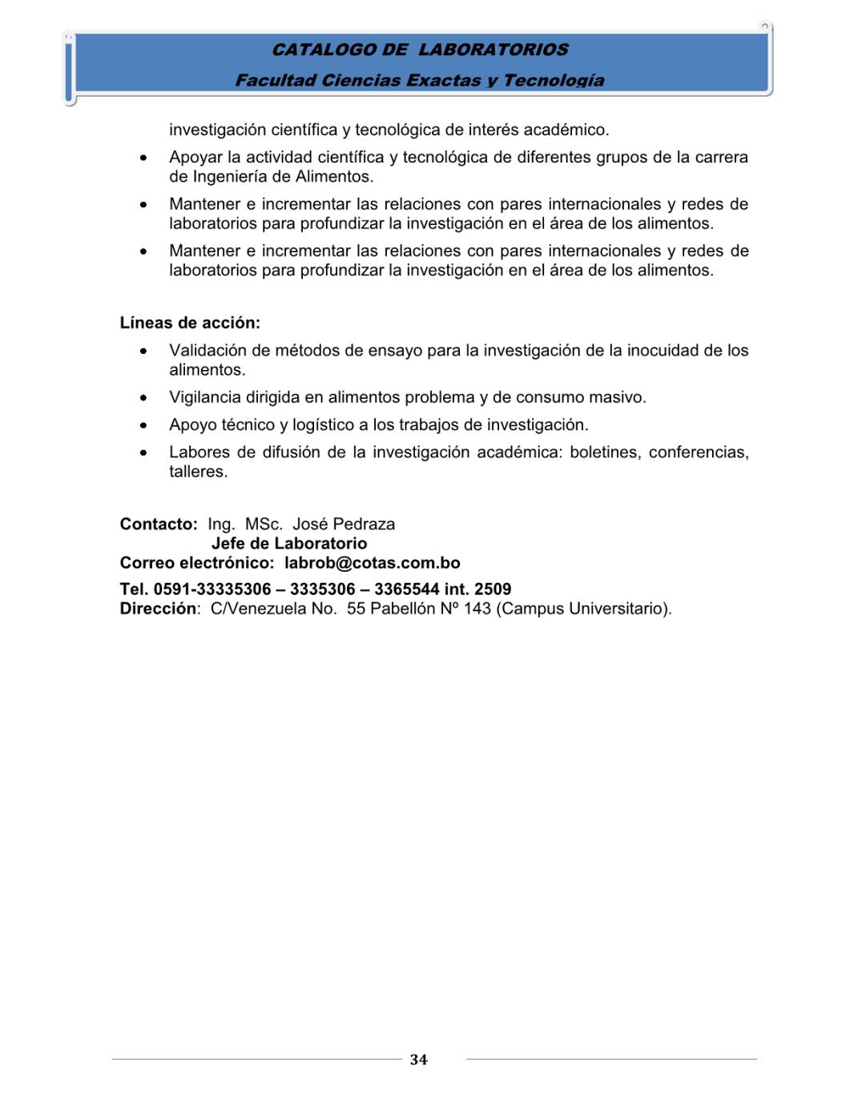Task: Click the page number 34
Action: click(x=418, y=1060)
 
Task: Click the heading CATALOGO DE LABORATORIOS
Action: click(x=420, y=50)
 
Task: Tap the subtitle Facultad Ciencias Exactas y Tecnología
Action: click(x=420, y=80)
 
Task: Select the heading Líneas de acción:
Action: click(x=190, y=323)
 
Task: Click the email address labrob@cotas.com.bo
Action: click(x=373, y=563)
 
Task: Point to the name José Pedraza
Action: click(x=344, y=525)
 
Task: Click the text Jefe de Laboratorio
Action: click(x=289, y=544)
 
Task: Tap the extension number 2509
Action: click(x=493, y=589)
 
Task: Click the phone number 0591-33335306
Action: click(x=212, y=589)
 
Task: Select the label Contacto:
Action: click(x=159, y=525)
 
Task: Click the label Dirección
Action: click(x=158, y=609)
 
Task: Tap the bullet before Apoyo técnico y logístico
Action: click(x=143, y=425)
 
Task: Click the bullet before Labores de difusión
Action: click(x=143, y=452)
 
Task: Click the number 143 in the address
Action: click(x=477, y=609)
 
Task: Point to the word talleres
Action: click(x=198, y=472)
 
